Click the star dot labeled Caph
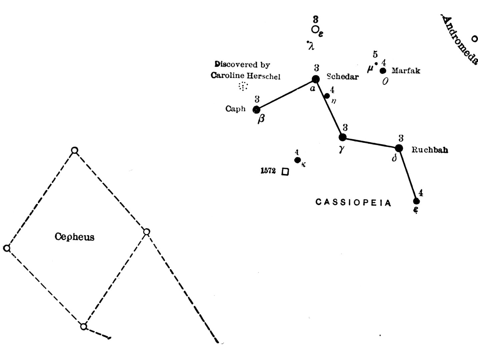[x=256, y=110]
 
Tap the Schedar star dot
[x=316, y=79]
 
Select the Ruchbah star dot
[x=399, y=148]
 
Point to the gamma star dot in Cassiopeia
[x=343, y=137]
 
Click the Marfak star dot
[x=383, y=71]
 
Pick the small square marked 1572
[x=285, y=172]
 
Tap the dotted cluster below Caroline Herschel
[x=243, y=86]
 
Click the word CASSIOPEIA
[x=353, y=203]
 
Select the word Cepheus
[x=74, y=237]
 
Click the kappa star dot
[x=298, y=160]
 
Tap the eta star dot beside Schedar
[x=327, y=96]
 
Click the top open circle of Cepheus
[x=75, y=150]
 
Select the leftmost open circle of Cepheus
[x=7, y=248]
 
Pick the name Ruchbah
[x=430, y=150]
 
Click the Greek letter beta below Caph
[x=261, y=119]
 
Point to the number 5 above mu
[x=375, y=54]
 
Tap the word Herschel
[x=263, y=76]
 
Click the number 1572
[x=268, y=171]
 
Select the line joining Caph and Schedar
[x=286, y=94]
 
